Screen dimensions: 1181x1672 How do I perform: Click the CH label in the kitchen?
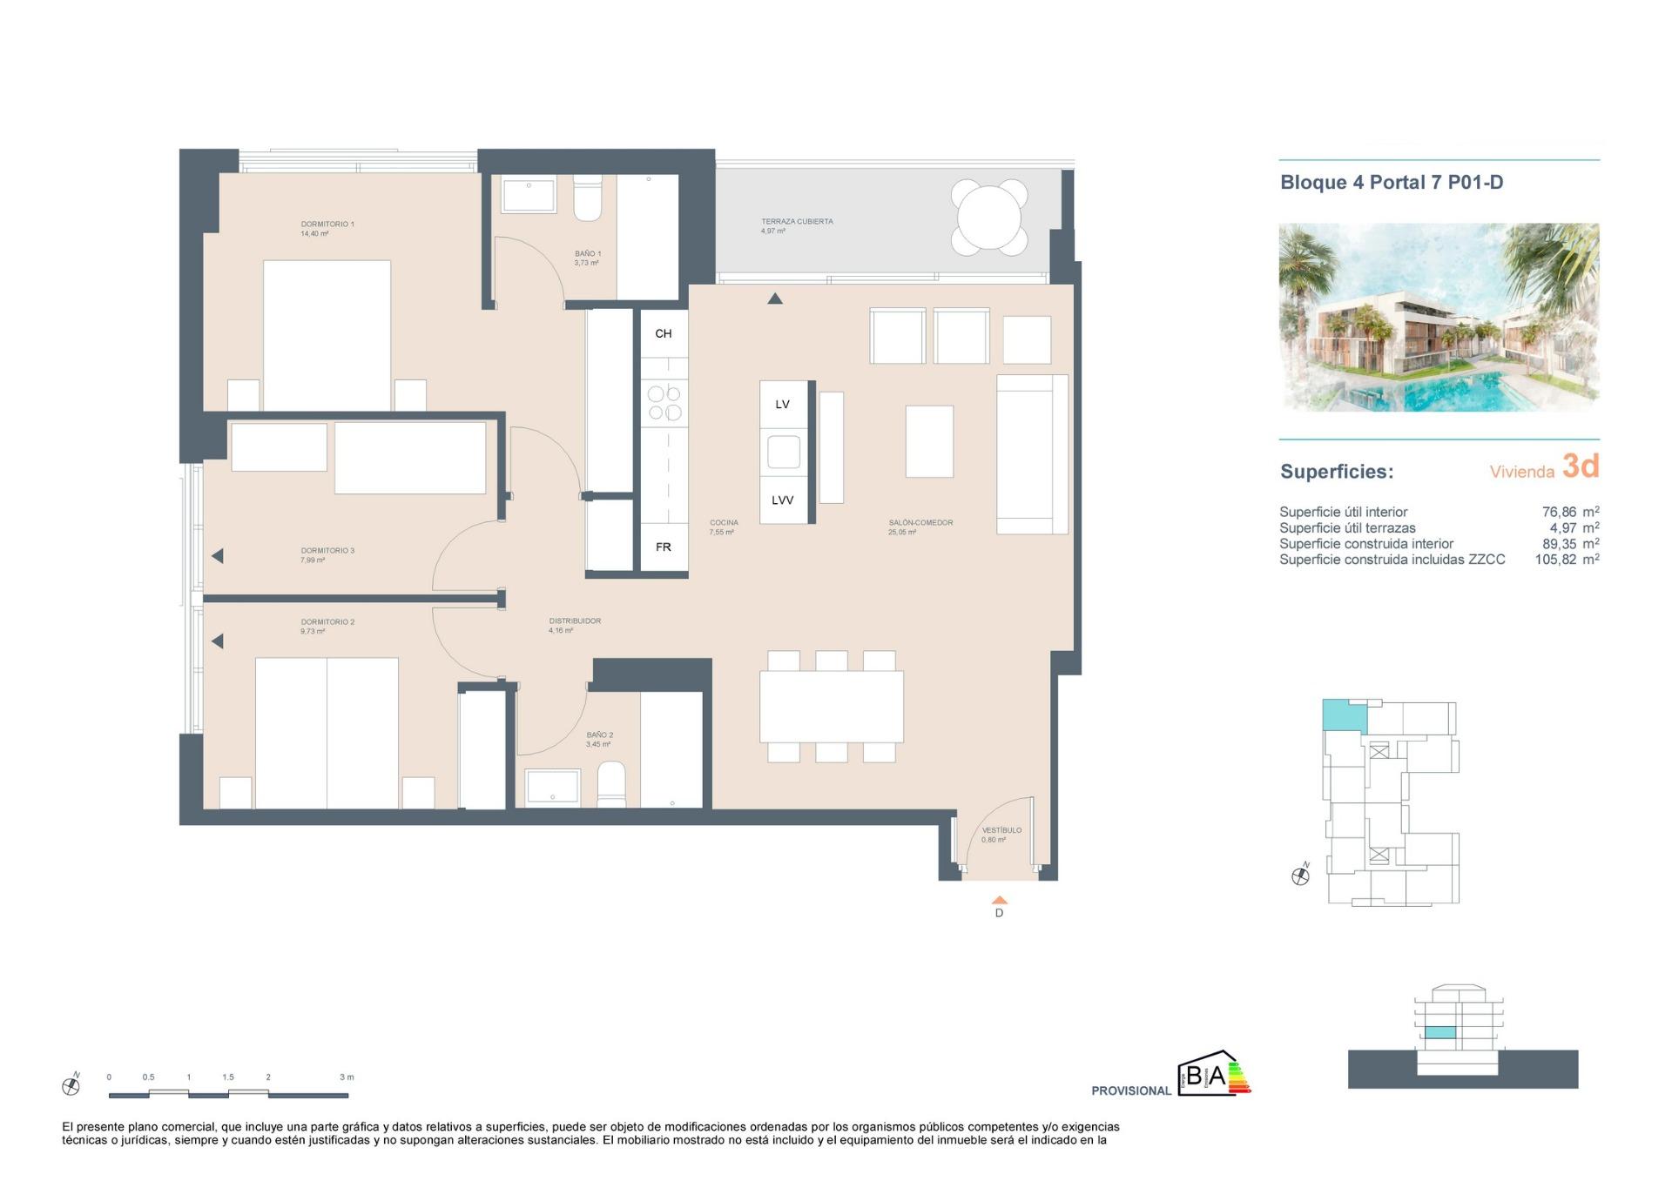click(x=663, y=333)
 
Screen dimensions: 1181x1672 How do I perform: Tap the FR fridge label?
click(x=663, y=547)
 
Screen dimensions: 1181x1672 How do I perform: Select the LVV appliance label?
click(x=782, y=500)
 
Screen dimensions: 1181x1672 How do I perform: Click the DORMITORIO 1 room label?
click(x=327, y=225)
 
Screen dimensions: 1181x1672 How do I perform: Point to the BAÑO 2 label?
click(x=599, y=735)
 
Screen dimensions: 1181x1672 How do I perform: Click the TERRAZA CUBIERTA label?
click(x=796, y=222)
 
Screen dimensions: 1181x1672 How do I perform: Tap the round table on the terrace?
click(x=988, y=218)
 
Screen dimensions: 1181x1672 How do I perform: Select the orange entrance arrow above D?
click(x=999, y=900)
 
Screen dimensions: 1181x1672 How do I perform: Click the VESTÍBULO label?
click(x=1001, y=830)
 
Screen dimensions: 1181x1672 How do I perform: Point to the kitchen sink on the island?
click(x=783, y=452)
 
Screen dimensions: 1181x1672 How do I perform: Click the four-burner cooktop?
click(x=664, y=404)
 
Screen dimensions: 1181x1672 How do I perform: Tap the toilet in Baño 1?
click(x=587, y=199)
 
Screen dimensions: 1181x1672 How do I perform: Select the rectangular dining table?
click(x=831, y=706)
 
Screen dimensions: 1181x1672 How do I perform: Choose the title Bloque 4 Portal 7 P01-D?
click(x=1391, y=183)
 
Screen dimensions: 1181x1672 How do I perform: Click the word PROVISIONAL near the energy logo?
click(x=1130, y=1090)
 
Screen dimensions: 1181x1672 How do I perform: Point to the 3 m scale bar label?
click(x=346, y=1077)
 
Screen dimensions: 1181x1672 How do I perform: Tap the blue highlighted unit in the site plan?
click(x=1342, y=715)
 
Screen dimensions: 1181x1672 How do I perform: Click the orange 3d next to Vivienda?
click(x=1580, y=466)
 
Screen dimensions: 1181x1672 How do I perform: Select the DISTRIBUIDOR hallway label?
click(x=575, y=621)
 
